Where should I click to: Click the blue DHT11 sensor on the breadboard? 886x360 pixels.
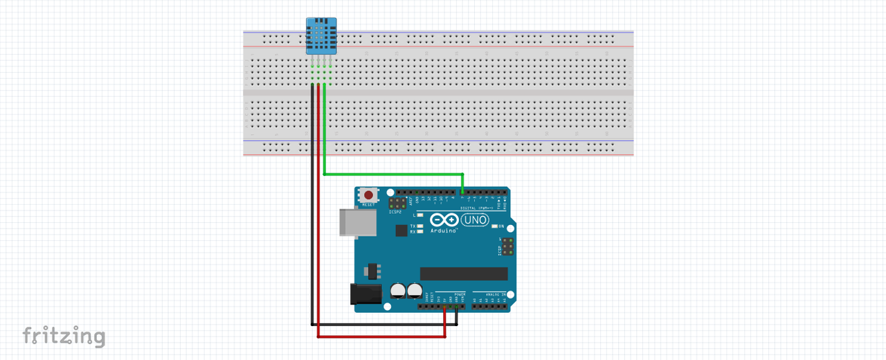click(321, 36)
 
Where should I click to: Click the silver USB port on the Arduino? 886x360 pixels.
click(359, 222)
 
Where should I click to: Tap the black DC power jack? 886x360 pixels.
click(366, 294)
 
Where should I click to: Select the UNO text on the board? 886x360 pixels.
click(476, 220)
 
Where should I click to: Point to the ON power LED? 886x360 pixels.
click(494, 226)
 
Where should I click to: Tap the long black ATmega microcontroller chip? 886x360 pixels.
click(464, 274)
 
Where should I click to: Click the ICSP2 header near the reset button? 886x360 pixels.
click(397, 204)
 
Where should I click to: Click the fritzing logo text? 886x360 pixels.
click(64, 336)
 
